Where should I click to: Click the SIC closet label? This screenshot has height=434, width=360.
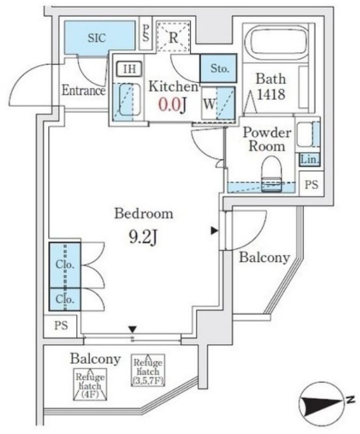96,38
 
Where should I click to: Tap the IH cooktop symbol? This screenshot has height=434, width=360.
129,68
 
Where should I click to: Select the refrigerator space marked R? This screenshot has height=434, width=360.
173,36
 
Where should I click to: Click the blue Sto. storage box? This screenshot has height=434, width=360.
219,68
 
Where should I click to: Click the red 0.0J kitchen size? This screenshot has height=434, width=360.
173,105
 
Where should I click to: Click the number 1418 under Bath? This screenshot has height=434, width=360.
271,94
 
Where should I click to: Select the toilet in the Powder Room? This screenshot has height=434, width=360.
271,174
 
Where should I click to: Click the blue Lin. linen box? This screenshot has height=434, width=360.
310,160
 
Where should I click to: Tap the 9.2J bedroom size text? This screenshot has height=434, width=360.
143,237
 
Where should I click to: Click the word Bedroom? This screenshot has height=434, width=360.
144,213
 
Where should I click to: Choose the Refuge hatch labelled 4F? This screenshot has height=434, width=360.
90,384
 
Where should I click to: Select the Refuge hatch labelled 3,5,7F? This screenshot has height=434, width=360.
148,370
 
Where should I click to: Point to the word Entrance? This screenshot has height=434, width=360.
83,90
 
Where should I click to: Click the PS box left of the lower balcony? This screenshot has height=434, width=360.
61,326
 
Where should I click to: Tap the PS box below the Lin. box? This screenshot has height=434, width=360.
312,184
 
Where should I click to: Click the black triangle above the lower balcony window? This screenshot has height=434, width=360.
133,329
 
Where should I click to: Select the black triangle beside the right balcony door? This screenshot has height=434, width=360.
214,231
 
